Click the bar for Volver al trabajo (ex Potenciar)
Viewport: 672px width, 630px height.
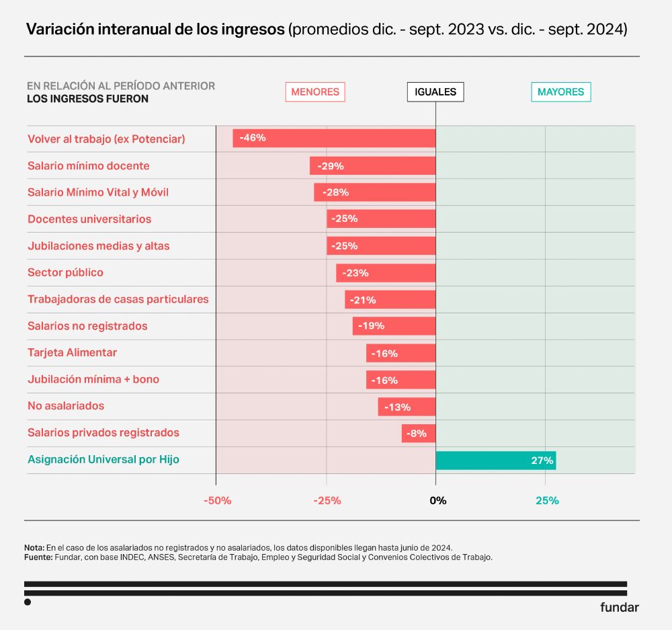(x=334, y=138)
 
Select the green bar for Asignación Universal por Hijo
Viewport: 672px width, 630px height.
(x=495, y=461)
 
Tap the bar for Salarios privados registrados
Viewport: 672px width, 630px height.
(x=419, y=434)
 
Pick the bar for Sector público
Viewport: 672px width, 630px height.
(x=386, y=273)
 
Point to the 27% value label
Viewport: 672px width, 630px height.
(x=542, y=461)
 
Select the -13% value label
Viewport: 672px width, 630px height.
(x=397, y=407)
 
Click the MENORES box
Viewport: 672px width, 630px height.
(x=315, y=92)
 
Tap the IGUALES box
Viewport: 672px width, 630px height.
(x=435, y=92)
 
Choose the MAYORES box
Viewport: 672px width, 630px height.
(x=561, y=92)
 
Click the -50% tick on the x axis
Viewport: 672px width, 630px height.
(x=217, y=501)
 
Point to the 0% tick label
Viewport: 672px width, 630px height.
(x=437, y=501)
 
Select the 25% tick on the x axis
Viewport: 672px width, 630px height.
(x=547, y=501)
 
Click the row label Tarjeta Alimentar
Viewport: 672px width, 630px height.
(x=72, y=352)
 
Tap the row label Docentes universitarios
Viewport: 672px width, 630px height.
(x=89, y=219)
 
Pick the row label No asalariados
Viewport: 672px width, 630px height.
(x=66, y=406)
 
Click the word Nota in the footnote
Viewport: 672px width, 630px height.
(x=34, y=547)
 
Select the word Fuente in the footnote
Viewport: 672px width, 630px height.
(x=38, y=557)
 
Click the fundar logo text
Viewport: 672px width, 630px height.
(x=619, y=607)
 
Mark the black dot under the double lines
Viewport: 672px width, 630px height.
(x=28, y=602)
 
